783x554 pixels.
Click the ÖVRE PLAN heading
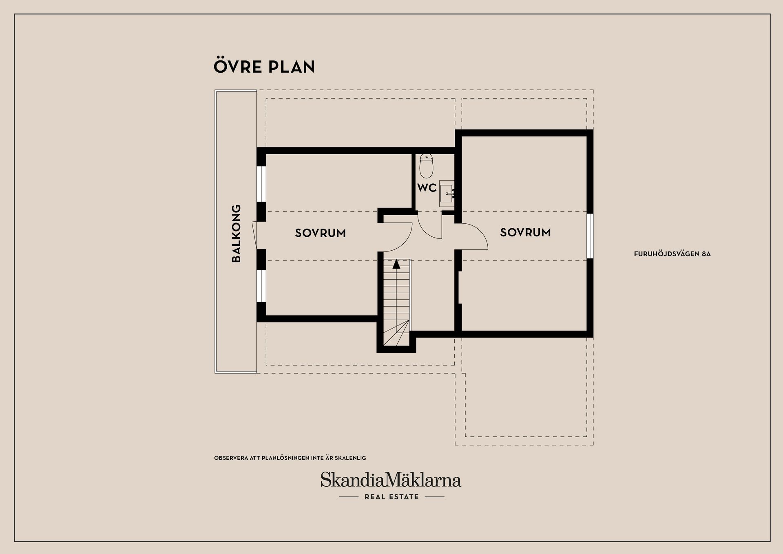264,66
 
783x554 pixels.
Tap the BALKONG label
236,233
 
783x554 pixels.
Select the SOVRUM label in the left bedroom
321,233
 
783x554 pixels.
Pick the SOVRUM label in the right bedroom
525,233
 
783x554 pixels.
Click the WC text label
427,188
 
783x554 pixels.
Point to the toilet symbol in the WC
427,166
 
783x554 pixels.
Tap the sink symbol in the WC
447,194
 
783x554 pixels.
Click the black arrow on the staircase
396,264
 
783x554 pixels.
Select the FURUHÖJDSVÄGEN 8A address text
672,254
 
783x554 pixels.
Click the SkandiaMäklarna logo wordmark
391,480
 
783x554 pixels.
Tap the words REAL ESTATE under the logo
391,497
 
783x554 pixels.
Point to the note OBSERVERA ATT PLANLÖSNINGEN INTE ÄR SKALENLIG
290,458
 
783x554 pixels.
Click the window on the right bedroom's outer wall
590,236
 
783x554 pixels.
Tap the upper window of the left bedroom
261,184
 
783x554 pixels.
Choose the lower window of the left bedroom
261,285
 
